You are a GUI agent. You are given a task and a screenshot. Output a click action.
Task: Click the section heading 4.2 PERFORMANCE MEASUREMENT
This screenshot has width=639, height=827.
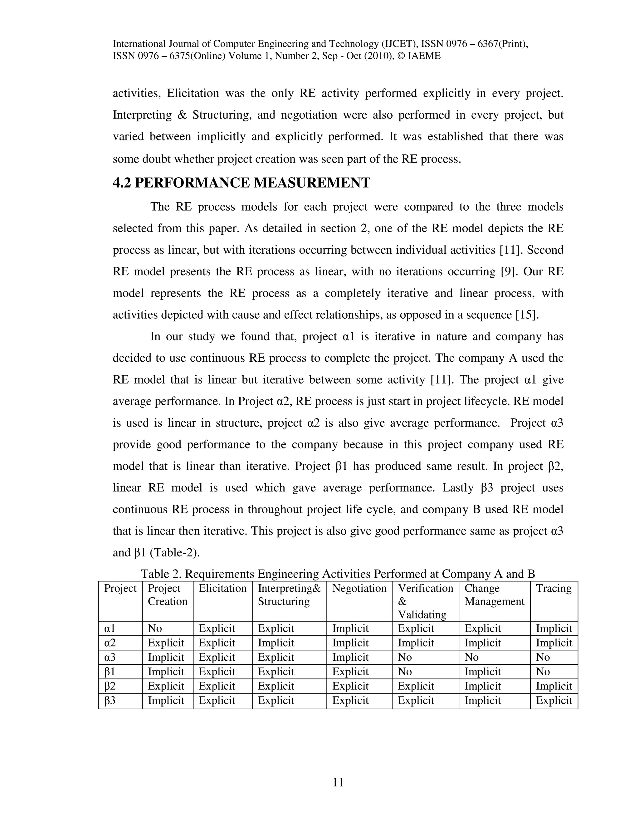241,183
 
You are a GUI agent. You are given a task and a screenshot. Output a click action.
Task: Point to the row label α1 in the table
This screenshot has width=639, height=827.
110,628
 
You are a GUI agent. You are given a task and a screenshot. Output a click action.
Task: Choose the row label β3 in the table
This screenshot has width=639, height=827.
110,700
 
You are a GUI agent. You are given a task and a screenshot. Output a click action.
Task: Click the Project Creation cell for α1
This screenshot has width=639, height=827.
155,628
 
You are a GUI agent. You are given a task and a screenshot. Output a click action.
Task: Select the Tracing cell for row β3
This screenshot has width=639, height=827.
554,700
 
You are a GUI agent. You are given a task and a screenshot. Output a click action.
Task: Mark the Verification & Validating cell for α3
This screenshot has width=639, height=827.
405,657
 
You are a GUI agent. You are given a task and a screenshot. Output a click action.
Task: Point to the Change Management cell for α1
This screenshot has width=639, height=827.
482,628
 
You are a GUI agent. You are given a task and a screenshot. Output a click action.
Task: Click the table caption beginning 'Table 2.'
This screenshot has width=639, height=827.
338,574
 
